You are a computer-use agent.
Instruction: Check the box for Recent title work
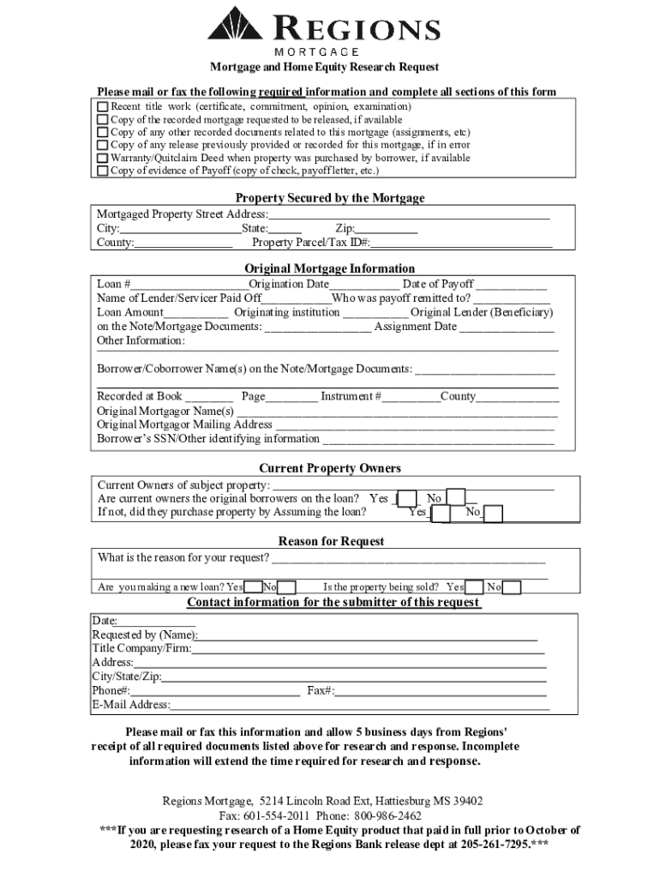103,107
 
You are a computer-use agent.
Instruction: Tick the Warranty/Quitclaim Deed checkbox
103,159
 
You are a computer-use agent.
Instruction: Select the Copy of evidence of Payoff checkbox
103,171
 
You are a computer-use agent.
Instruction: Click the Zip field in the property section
387,229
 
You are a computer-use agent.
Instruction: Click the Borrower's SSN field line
437,440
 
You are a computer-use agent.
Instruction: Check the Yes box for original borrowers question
408,499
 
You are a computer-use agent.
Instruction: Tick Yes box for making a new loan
254,588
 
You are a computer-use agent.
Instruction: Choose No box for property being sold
512,588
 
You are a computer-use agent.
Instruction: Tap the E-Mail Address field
359,707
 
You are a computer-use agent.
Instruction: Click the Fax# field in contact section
440,692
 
